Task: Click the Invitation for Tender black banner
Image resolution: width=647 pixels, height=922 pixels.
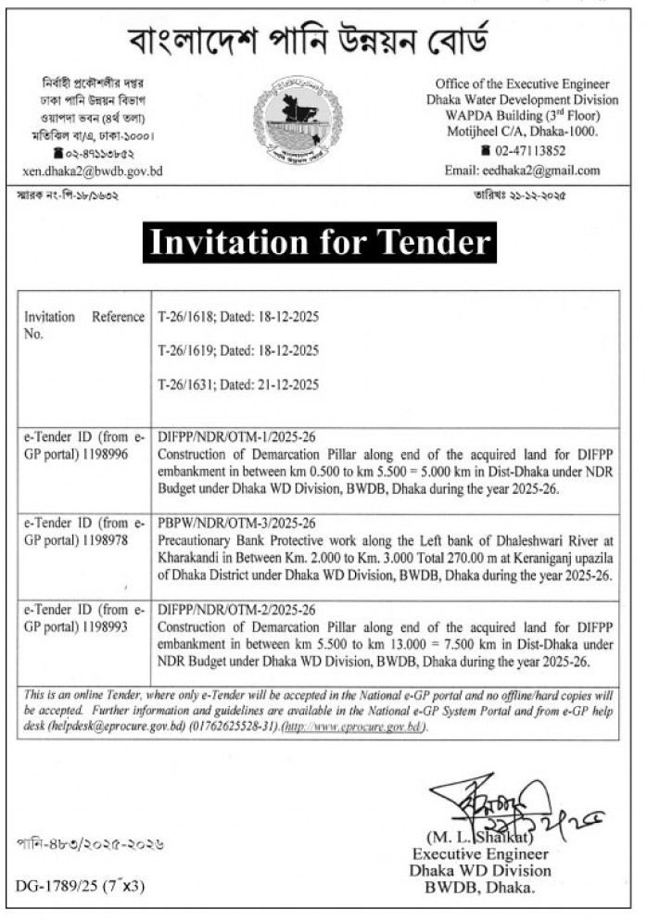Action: coord(320,243)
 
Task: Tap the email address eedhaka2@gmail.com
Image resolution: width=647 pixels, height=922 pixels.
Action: coord(549,171)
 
